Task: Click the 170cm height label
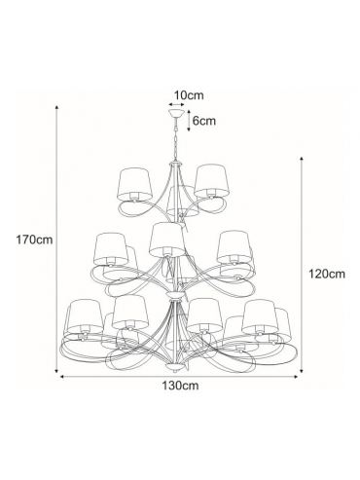tap(35, 240)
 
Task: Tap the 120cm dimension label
tap(327, 274)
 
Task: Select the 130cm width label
tap(180, 386)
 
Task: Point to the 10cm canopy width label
tap(189, 95)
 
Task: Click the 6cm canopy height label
tap(204, 121)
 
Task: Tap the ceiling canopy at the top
tap(176, 114)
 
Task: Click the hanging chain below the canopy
tap(176, 139)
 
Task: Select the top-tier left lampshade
tap(134, 184)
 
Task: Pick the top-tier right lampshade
tap(210, 181)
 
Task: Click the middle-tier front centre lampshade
tap(167, 240)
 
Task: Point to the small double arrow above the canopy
tap(176, 104)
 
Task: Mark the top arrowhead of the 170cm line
tap(56, 108)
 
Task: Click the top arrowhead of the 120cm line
tap(302, 159)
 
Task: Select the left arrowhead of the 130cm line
tap(62, 377)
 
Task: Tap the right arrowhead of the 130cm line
tap(296, 377)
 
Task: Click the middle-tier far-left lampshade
tap(110, 248)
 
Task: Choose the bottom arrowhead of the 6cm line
tap(188, 129)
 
